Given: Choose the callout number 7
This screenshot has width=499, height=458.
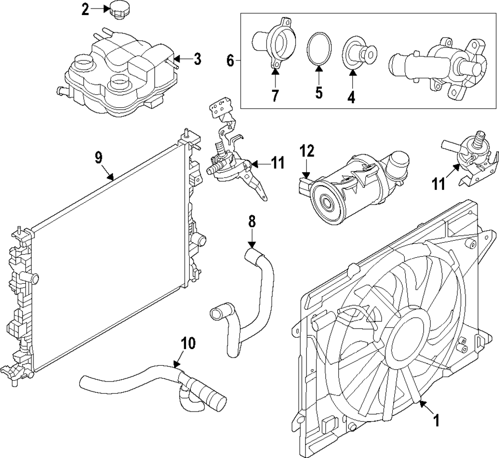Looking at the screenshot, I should point(275,95).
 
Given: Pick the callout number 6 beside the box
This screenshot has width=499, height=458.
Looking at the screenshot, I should point(230,60).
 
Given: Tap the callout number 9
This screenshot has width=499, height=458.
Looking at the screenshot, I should point(98,158).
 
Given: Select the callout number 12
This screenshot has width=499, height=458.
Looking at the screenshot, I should point(306,150).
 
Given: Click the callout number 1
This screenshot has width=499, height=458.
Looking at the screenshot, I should point(436,421).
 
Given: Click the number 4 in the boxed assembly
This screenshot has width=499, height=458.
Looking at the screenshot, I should point(351,95).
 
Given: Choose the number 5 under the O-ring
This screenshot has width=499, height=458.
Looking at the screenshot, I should point(318,92).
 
